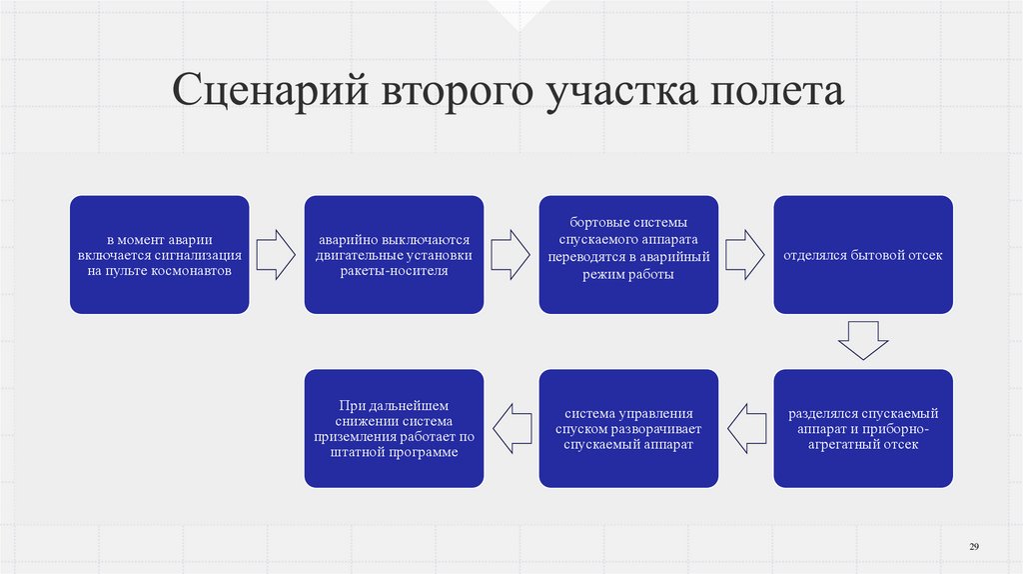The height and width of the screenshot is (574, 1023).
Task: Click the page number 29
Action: point(974,545)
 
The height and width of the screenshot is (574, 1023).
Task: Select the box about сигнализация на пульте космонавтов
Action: point(159,255)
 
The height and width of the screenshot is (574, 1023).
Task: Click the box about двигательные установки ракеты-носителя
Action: point(394,255)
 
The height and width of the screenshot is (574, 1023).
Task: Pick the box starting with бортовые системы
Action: point(628,255)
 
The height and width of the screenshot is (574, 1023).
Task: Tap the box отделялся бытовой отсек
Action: point(863,255)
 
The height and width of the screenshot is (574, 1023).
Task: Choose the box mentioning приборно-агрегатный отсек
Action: point(863,428)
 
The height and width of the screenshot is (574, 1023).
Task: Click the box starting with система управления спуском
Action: point(628,428)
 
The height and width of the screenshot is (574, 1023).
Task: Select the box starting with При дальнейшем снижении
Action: point(394,428)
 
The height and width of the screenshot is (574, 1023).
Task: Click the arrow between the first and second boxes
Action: point(276,255)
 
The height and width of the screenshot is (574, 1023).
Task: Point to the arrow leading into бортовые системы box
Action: point(511,255)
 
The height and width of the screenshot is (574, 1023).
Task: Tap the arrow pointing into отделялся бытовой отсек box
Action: point(745,255)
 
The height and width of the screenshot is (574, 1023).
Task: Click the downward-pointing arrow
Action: point(863,341)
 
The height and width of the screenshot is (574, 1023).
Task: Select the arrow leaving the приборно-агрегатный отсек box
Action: point(745,428)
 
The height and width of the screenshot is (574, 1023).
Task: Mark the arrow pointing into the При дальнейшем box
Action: point(511,428)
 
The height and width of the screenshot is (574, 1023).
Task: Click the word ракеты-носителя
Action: point(393,271)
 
